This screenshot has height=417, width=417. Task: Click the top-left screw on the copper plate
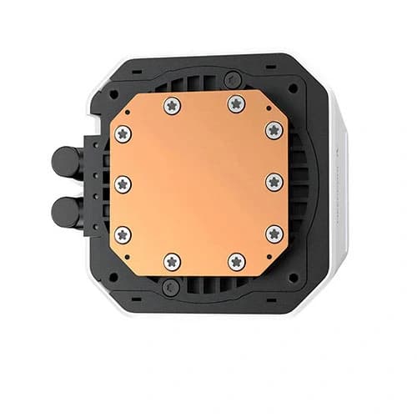pyautogui.click(x=173, y=105)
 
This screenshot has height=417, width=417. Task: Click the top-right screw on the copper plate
pyautogui.click(x=236, y=104)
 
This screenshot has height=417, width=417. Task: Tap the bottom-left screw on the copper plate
pyautogui.click(x=173, y=261)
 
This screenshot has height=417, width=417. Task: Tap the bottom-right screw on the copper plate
pyautogui.click(x=237, y=261)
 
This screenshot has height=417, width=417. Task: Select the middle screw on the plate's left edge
pyautogui.click(x=123, y=184)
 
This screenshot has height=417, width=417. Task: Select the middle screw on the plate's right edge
pyautogui.click(x=274, y=183)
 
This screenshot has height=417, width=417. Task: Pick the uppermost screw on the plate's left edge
pyautogui.click(x=123, y=133)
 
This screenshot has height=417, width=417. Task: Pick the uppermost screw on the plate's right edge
pyautogui.click(x=274, y=130)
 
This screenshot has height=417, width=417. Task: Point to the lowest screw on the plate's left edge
pyautogui.click(x=123, y=234)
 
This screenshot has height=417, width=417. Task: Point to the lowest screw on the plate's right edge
pyautogui.click(x=274, y=234)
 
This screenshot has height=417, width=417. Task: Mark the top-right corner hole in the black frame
pyautogui.click(x=293, y=87)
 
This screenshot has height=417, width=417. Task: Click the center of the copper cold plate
pyautogui.click(x=198, y=183)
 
